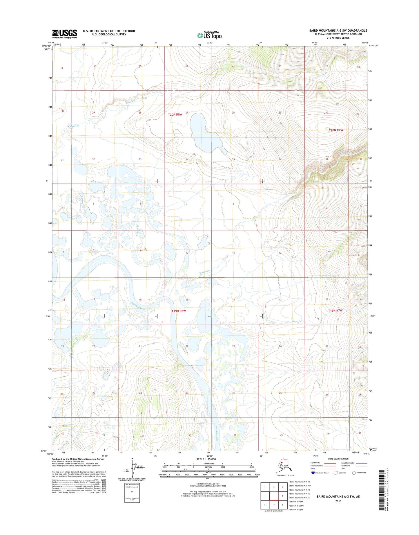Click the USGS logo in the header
[64, 34]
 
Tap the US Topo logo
[209, 35]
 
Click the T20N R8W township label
[175, 115]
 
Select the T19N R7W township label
[335, 310]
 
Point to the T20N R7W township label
[336, 130]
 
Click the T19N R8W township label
[178, 311]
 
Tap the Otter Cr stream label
[297, 322]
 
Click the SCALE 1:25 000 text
[206, 459]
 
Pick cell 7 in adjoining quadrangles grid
[274, 505]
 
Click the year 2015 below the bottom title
[338, 501]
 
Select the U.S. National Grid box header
[132, 485]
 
